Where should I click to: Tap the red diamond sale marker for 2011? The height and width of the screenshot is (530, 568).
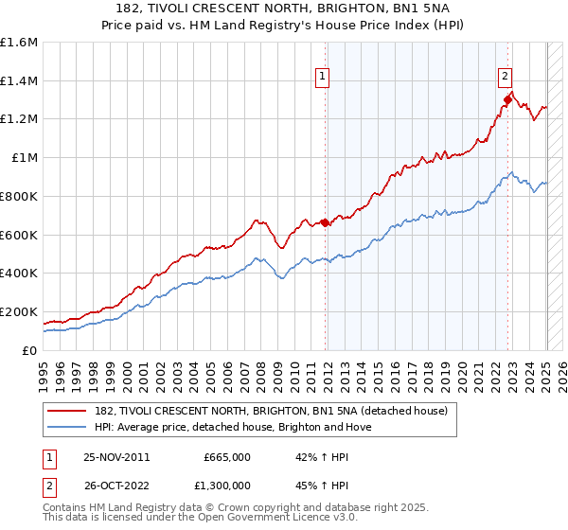point(326,222)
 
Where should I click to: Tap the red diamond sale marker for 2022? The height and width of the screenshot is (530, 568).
point(508,99)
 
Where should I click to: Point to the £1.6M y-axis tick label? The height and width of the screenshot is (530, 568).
point(19,43)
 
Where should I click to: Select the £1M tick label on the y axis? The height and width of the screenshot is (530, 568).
point(24,158)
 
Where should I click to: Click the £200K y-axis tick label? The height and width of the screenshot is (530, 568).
point(19,311)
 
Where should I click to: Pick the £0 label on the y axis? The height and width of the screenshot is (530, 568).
point(29,350)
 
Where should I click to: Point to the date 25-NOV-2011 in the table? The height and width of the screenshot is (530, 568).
point(117,456)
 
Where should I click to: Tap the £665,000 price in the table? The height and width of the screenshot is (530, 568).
point(227,456)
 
